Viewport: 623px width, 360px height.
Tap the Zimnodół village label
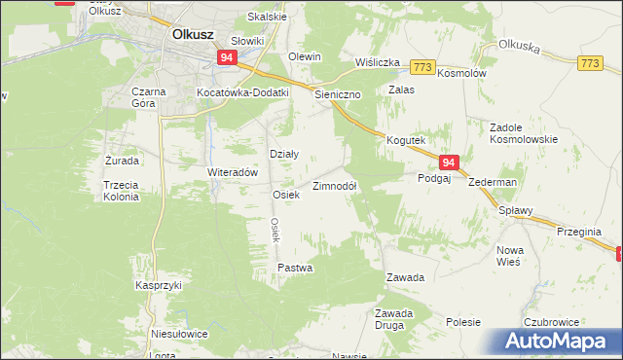coord(334,185)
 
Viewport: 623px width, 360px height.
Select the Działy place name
coord(282,154)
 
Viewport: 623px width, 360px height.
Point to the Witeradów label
coord(231,171)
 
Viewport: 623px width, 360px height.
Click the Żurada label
coord(122,160)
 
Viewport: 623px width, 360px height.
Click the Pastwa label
coord(295,267)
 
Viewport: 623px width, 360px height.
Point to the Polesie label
coord(464,321)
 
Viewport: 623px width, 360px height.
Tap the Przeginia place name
coord(585,232)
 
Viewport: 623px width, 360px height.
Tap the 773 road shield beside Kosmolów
coord(421,66)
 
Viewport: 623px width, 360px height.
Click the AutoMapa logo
coord(552,342)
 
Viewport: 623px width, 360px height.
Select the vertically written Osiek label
coord(275,230)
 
